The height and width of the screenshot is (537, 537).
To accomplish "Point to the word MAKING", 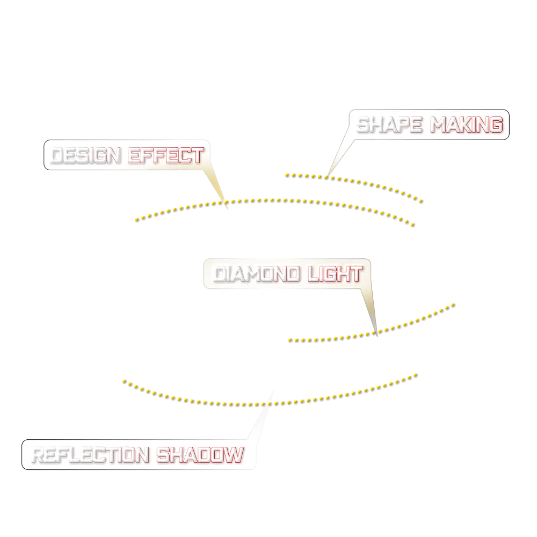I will [467, 125].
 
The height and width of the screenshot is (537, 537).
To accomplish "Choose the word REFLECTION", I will [90, 455].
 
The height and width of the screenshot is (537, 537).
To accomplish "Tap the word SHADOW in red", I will [200, 455].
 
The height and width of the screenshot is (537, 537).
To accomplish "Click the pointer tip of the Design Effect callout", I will [226, 202].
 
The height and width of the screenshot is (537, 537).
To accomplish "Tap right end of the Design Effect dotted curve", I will [412, 224].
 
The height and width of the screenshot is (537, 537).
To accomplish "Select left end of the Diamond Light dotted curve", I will [291, 340].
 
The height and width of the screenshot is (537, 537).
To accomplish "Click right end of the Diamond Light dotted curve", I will [456, 304].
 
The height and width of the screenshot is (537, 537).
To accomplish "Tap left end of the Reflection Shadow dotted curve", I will [124, 382].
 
